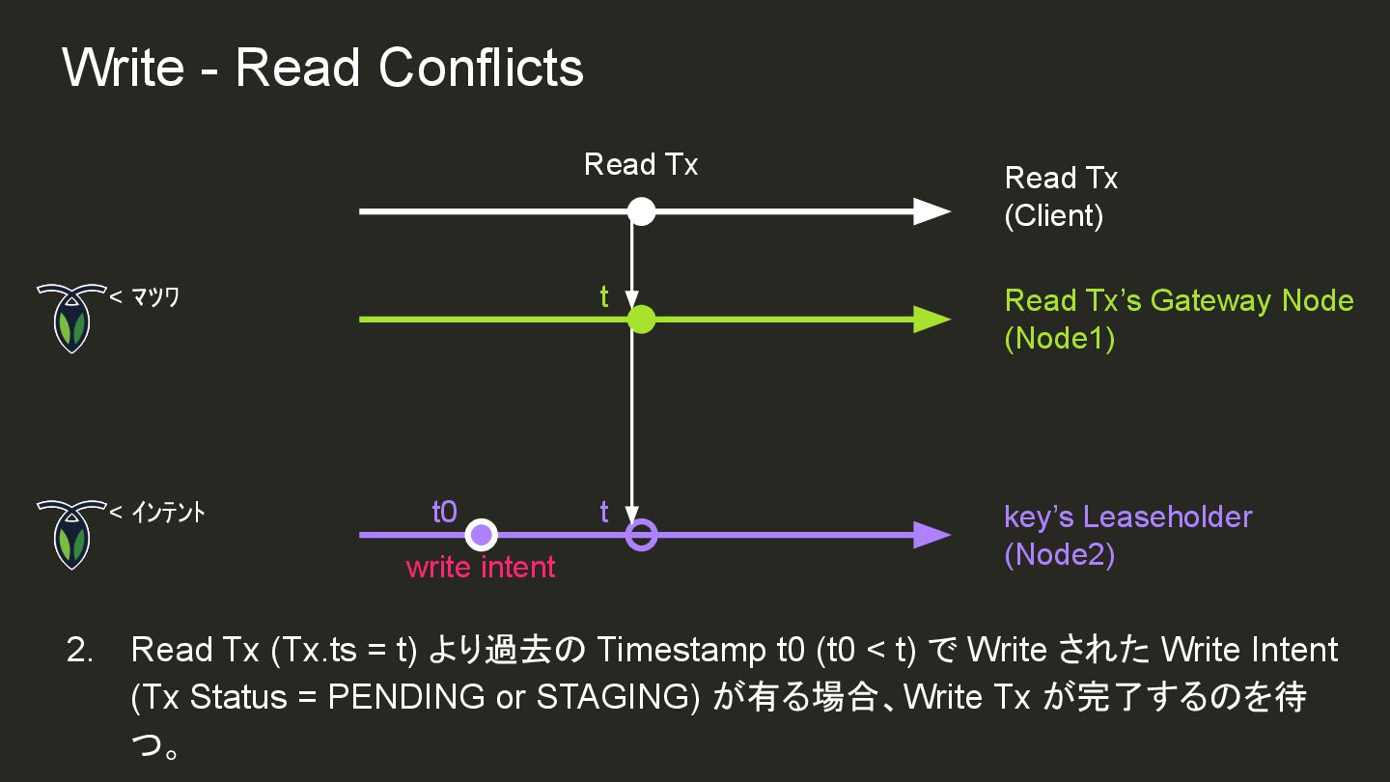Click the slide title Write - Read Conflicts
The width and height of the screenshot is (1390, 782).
(x=322, y=68)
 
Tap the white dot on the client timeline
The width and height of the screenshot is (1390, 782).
(x=641, y=211)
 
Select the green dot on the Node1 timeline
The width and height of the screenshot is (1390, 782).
(x=641, y=320)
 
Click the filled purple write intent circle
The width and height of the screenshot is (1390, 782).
(x=481, y=534)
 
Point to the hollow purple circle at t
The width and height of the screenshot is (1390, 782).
(x=641, y=534)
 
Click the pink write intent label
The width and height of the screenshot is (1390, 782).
(x=481, y=567)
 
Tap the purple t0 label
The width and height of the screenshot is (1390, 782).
(x=444, y=512)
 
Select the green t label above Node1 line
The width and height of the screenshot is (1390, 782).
(x=604, y=297)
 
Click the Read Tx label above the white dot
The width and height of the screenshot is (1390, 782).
(x=641, y=165)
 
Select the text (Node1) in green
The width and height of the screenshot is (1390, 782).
(x=1060, y=340)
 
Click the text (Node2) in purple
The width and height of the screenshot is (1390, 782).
(x=1060, y=556)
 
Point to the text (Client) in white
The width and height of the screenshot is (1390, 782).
(x=1054, y=215)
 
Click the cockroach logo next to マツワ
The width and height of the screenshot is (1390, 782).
(x=70, y=318)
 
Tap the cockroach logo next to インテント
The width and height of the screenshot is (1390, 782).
(x=70, y=534)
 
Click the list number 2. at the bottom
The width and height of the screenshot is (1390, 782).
(x=79, y=650)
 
